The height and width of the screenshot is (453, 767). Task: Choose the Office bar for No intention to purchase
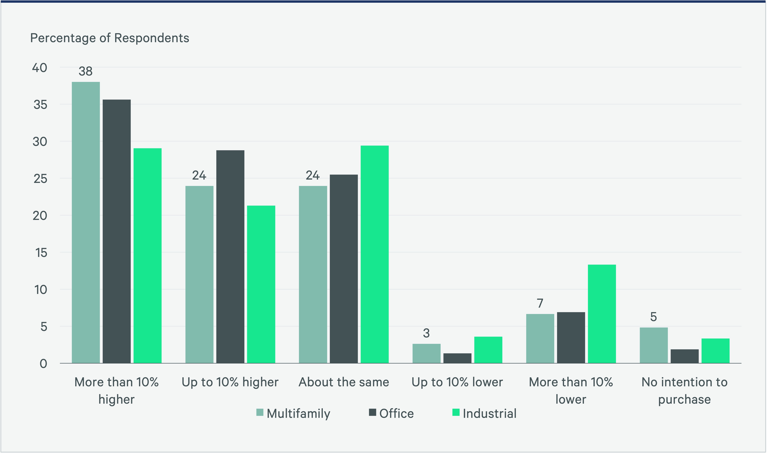[x=685, y=356]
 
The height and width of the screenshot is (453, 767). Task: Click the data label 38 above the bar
[x=86, y=71]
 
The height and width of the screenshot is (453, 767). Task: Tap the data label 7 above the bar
[x=540, y=303]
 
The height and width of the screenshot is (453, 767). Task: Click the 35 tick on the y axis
[x=40, y=105]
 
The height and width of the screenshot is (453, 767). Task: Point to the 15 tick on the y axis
[x=41, y=253]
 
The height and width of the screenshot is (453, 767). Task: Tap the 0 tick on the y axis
[x=43, y=364]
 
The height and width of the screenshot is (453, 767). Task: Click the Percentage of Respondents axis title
[x=110, y=38]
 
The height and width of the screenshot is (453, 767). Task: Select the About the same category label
[x=344, y=382]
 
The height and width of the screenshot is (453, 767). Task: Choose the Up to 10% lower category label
[x=457, y=382]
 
